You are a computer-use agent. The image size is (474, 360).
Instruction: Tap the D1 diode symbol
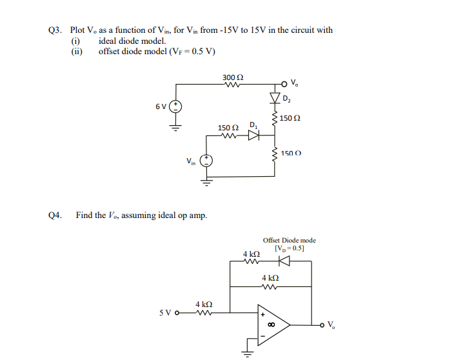point(253,135)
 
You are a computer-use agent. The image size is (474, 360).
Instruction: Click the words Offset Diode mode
point(290,241)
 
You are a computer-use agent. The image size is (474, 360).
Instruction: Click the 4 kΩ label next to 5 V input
point(204,304)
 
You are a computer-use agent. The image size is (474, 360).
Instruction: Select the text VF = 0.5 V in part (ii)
point(192,52)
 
